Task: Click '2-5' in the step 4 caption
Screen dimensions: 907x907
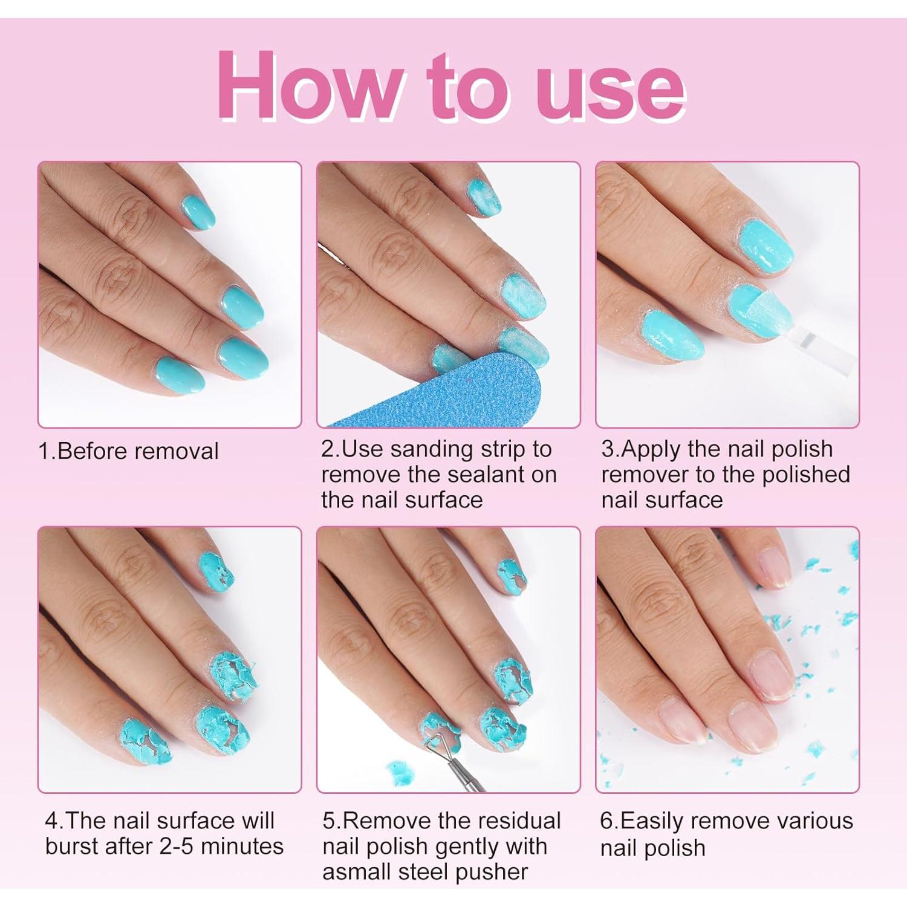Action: tap(177, 846)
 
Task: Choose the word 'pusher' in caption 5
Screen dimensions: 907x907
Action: tap(492, 872)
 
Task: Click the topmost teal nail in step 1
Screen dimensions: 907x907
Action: tap(198, 211)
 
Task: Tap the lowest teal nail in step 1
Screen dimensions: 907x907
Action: tap(180, 374)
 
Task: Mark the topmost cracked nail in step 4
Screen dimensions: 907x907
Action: tap(215, 571)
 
